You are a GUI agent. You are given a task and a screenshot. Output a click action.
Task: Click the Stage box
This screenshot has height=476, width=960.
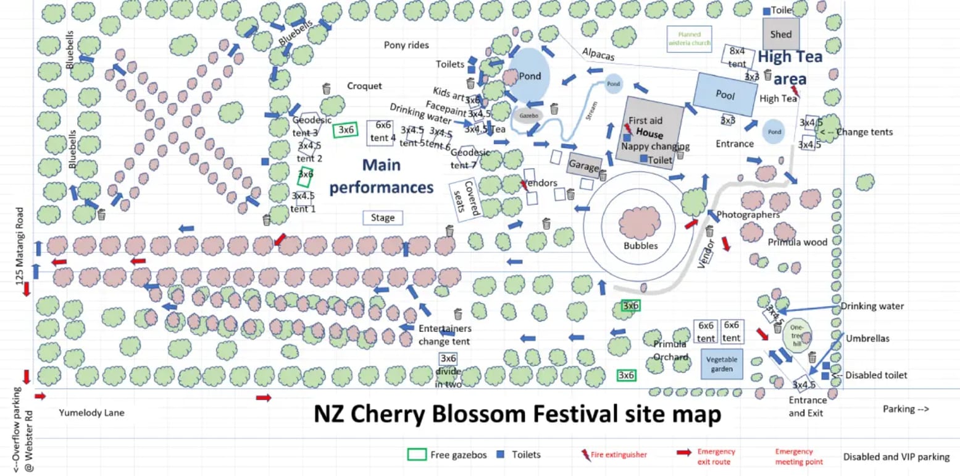point(383,218)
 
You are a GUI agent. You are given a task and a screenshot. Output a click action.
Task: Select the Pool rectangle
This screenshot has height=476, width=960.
point(725,95)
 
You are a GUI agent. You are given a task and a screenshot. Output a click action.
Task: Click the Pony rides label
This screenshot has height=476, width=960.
point(406,45)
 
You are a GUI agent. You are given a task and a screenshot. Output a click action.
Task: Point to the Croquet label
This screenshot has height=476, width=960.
point(364,86)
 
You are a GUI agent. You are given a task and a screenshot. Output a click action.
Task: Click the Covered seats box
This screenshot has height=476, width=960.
point(467,200)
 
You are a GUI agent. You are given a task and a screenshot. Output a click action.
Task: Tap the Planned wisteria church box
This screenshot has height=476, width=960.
point(690,39)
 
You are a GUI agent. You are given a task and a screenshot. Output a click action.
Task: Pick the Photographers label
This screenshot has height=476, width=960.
point(748,215)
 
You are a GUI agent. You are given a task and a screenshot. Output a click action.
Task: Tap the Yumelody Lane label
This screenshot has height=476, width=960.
point(91,412)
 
